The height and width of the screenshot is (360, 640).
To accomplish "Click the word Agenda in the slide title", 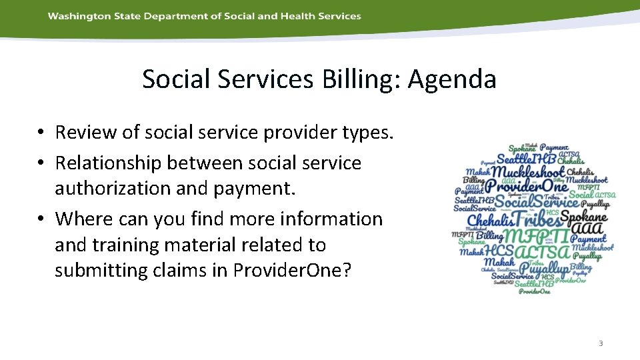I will (x=452, y=79).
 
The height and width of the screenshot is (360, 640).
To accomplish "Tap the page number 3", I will (x=600, y=343).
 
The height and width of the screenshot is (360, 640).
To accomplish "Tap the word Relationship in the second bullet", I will (x=109, y=163).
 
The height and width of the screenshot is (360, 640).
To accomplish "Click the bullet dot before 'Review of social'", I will (x=41, y=133).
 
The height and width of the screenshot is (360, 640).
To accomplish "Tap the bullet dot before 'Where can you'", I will (x=41, y=219).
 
